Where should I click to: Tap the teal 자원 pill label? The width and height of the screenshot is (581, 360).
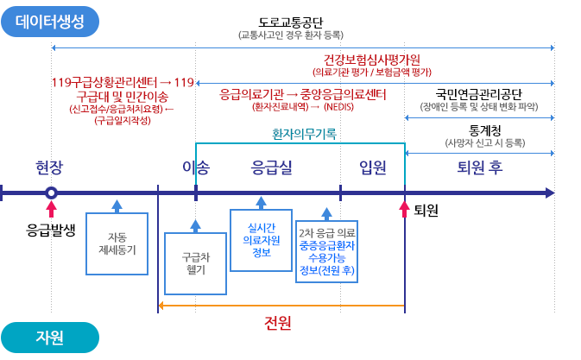tap(49, 338)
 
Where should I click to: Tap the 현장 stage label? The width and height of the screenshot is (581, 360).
tap(49, 167)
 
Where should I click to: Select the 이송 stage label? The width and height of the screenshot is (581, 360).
tap(196, 167)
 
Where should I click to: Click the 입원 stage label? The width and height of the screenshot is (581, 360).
tap(373, 167)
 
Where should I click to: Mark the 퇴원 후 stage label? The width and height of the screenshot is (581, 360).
tap(480, 167)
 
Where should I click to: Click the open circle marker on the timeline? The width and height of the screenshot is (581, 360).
tap(52, 193)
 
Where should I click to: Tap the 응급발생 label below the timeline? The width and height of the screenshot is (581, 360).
tap(52, 230)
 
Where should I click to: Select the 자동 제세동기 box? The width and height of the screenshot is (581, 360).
tap(117, 243)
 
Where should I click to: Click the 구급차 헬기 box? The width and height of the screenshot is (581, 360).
tap(195, 263)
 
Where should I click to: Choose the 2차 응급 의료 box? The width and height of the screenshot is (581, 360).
tap(326, 251)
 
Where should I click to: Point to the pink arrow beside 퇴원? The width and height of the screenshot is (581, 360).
tap(403, 210)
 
